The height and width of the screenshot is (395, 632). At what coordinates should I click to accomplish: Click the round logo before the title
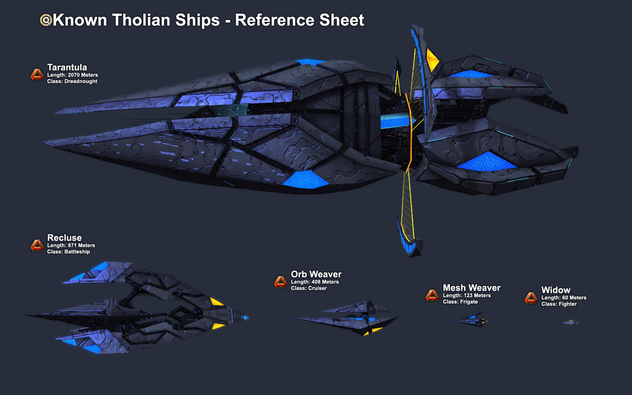pyautogui.click(x=46, y=20)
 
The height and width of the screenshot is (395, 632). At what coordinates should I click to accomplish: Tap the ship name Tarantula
pyautogui.click(x=67, y=67)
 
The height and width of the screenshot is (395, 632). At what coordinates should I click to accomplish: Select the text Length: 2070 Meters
pyautogui.click(x=72, y=75)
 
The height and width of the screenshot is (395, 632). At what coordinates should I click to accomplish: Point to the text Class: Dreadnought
pyautogui.click(x=72, y=81)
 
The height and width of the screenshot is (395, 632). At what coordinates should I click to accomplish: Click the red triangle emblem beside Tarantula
pyautogui.click(x=37, y=74)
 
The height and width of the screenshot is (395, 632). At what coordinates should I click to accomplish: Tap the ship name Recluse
pyautogui.click(x=64, y=238)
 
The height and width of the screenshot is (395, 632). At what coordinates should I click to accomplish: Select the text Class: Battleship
pyautogui.click(x=68, y=252)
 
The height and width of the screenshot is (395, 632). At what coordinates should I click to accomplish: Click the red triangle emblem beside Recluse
pyautogui.click(x=37, y=245)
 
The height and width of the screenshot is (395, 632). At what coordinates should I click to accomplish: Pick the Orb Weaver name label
pyautogui.click(x=316, y=274)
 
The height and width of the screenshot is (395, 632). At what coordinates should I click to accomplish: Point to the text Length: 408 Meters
pyautogui.click(x=314, y=282)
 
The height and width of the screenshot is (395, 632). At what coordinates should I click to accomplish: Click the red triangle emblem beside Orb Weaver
pyautogui.click(x=280, y=282)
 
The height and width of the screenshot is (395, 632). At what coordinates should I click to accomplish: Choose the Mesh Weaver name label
pyautogui.click(x=471, y=288)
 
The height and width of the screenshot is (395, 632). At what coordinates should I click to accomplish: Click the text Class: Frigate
pyautogui.click(x=460, y=302)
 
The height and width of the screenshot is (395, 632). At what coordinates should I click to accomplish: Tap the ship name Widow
pyautogui.click(x=556, y=290)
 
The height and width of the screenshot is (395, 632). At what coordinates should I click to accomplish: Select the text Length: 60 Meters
pyautogui.click(x=564, y=298)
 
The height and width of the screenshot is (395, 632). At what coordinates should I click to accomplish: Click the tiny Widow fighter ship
pyautogui.click(x=571, y=322)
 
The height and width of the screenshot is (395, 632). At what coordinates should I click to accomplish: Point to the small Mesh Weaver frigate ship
pyautogui.click(x=472, y=321)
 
